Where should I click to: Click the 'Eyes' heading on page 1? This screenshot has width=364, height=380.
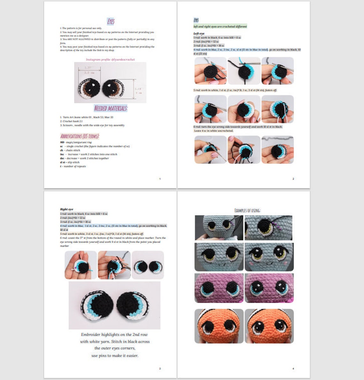(x=111, y=22)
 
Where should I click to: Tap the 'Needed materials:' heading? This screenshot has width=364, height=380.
(x=110, y=108)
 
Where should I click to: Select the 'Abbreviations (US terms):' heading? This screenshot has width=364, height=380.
(x=80, y=136)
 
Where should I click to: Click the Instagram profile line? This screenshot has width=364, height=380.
(x=110, y=59)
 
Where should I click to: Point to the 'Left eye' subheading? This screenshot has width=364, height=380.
(x=199, y=33)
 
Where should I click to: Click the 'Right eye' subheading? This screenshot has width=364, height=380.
(x=66, y=209)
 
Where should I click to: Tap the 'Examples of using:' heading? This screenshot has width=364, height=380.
(x=247, y=210)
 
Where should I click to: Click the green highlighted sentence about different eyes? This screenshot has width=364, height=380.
(x=220, y=26)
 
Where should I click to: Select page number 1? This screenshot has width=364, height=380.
(x=160, y=179)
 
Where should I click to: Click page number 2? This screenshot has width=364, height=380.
(x=293, y=179)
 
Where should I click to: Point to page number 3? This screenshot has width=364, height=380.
(x=160, y=369)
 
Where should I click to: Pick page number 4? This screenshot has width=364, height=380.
(x=293, y=369)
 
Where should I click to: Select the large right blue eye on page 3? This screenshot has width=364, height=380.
(x=133, y=305)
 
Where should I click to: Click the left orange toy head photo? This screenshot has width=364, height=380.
(x=219, y=326)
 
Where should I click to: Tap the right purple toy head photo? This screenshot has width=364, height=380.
(x=269, y=288)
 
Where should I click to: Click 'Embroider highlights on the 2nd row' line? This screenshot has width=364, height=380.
(x=114, y=335)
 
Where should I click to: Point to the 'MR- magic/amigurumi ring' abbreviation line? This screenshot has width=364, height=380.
(x=76, y=142)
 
